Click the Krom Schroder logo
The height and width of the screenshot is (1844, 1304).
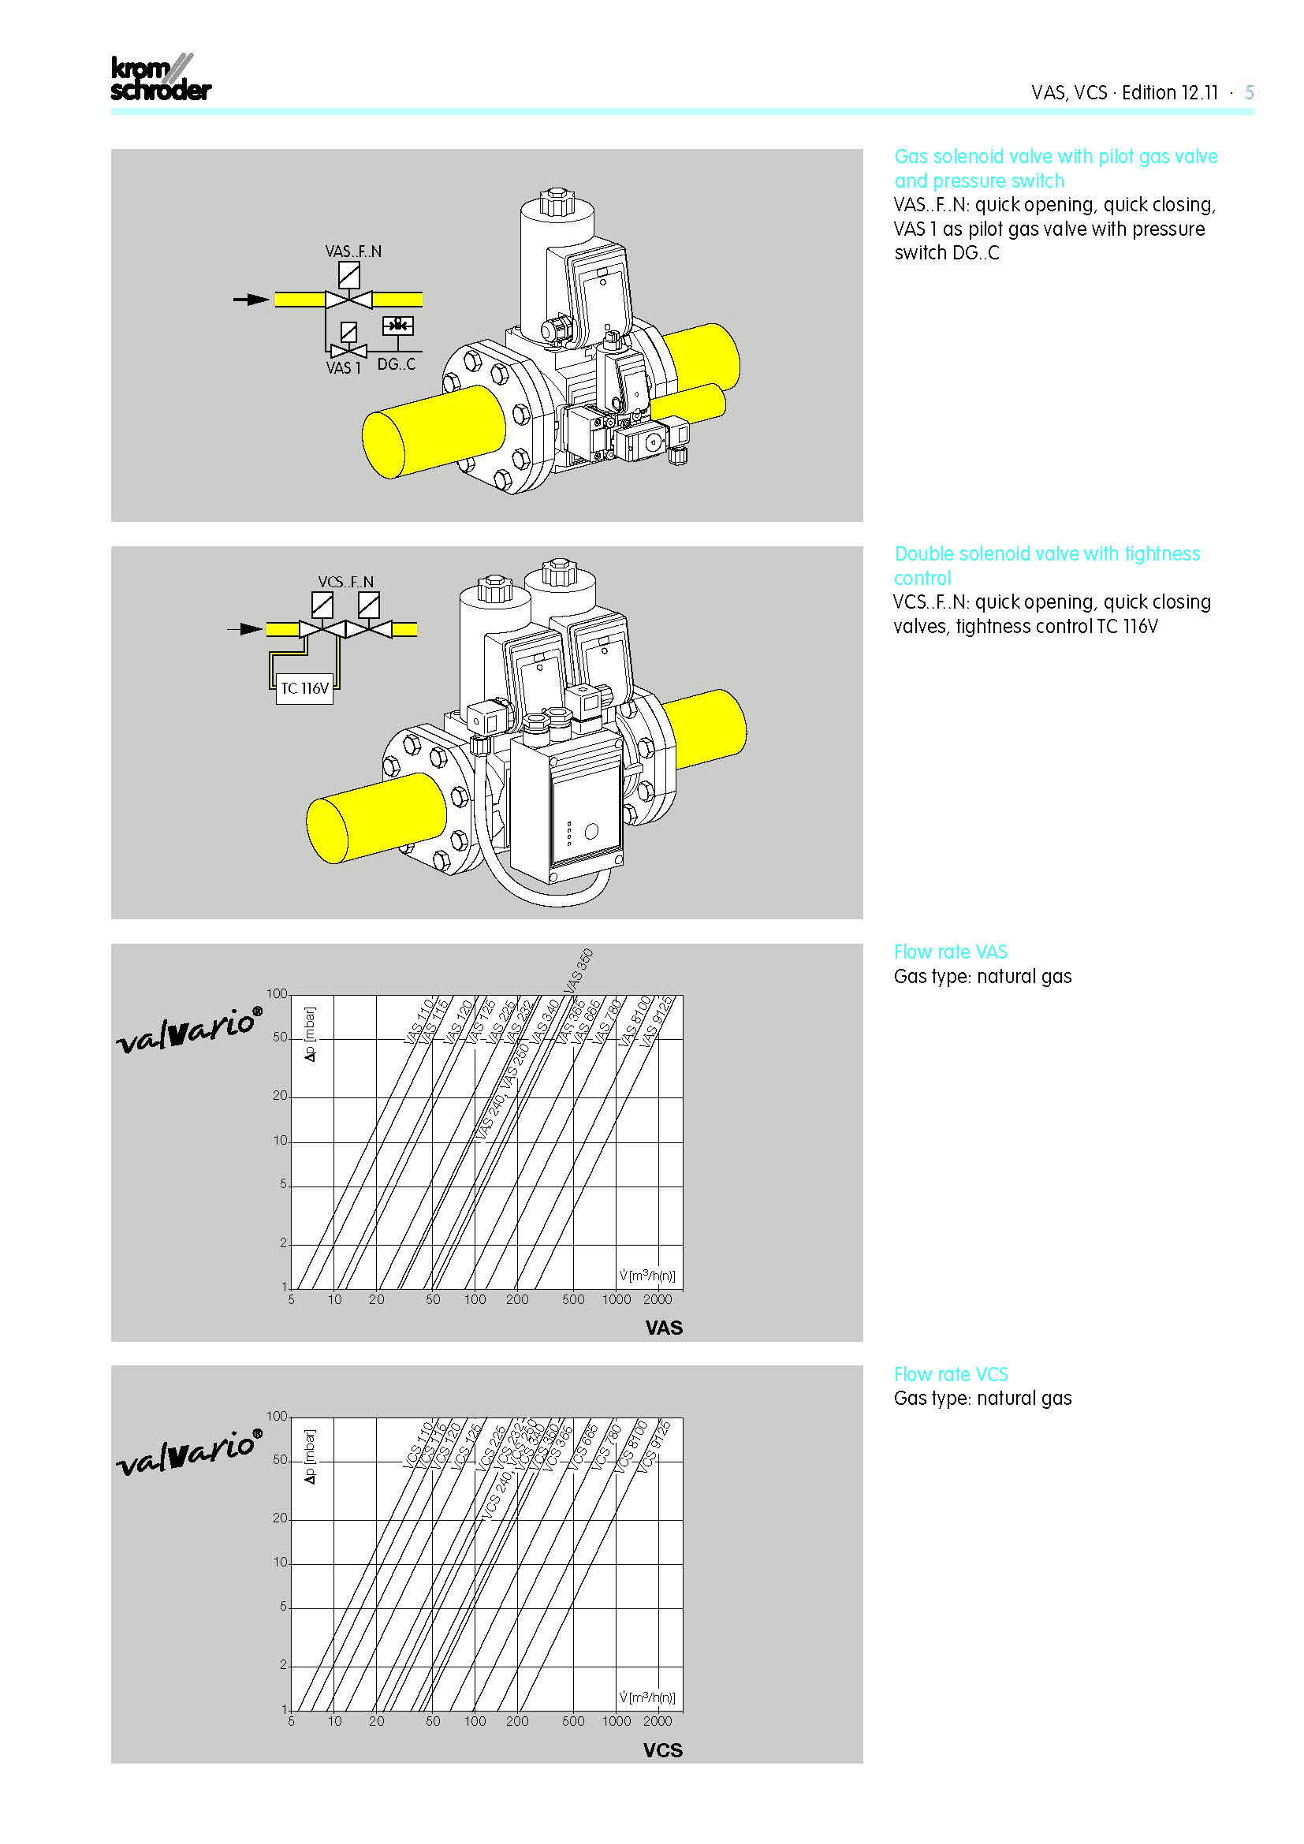[160, 79]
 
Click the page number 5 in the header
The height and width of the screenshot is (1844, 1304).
[1249, 92]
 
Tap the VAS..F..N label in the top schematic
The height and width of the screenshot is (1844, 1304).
[353, 251]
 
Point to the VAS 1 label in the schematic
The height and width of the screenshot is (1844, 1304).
[343, 368]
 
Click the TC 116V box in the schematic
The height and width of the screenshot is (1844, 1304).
[304, 688]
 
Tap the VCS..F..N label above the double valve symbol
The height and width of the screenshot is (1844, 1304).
[345, 582]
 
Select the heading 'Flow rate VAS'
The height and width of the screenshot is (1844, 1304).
[950, 952]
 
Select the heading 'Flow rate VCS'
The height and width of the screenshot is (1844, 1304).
[951, 1374]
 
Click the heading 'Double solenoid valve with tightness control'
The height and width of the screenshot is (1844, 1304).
[1046, 565]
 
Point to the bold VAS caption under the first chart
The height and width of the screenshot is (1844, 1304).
[663, 1328]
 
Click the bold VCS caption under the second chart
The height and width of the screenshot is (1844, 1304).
[662, 1750]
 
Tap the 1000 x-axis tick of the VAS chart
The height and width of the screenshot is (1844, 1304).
[616, 1299]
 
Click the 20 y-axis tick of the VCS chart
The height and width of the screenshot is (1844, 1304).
[279, 1518]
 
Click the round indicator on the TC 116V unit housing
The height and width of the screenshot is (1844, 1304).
[591, 831]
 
